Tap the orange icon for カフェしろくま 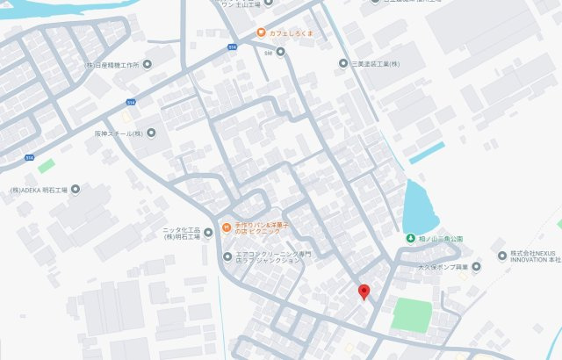point(261,33)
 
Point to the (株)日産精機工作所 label point(112,64)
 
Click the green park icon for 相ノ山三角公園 point(410,239)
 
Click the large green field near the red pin point(413,314)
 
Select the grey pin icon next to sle point(281,52)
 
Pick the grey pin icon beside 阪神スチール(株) point(151,133)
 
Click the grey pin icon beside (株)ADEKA point(76,189)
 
